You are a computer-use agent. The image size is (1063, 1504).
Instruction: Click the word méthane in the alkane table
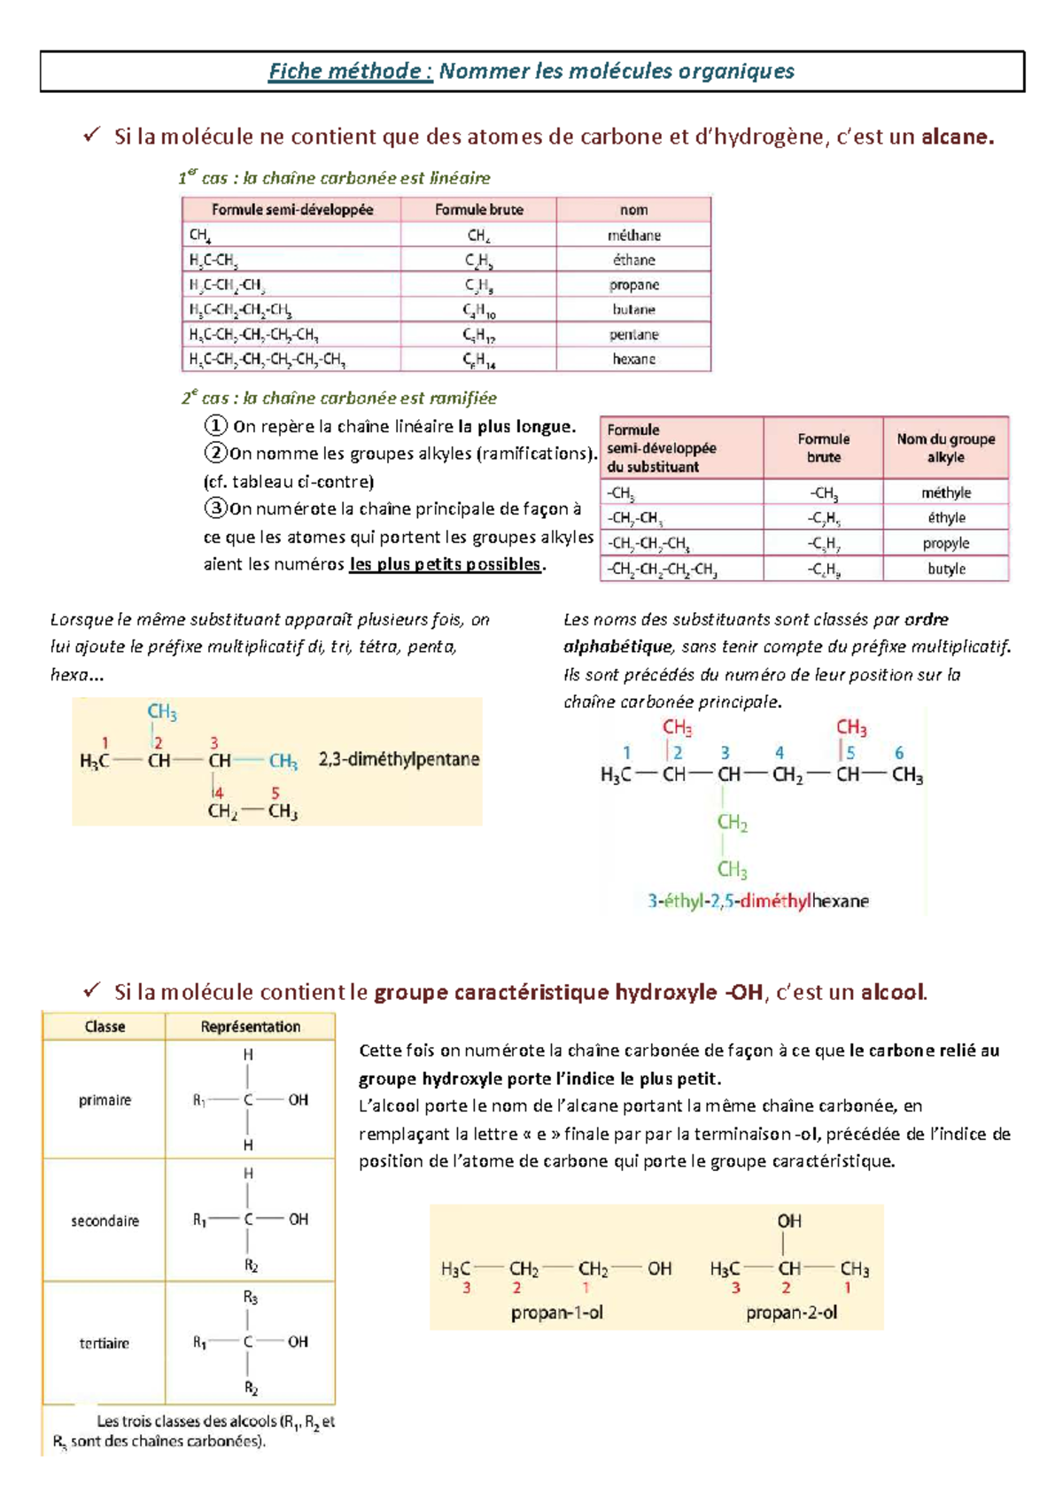click(633, 236)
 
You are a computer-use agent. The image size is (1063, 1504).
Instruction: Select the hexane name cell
click(633, 360)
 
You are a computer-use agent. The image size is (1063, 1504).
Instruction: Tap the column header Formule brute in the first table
click(478, 210)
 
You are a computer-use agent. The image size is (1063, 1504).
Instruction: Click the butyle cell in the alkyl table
click(945, 569)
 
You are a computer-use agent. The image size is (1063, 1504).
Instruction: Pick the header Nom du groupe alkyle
click(945, 448)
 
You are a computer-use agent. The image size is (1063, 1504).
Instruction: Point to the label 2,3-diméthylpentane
click(399, 759)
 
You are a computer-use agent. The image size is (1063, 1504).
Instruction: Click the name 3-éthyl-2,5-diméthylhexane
click(757, 901)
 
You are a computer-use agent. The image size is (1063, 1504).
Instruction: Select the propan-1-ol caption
click(556, 1313)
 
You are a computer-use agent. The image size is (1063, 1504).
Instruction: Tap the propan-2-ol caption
click(791, 1313)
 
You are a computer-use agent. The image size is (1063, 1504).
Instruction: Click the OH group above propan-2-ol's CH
click(788, 1221)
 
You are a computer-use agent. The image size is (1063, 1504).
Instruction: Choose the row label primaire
click(105, 1100)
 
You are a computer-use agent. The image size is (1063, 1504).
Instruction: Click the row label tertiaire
click(105, 1344)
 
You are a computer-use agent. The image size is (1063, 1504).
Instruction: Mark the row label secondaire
click(105, 1221)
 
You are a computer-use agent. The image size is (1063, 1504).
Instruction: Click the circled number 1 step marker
click(215, 426)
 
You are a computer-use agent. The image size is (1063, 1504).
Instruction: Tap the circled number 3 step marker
click(215, 508)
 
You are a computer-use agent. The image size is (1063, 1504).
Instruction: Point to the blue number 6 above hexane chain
click(898, 753)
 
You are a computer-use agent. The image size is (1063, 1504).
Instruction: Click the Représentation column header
click(250, 1027)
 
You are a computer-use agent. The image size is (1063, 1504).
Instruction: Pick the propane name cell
click(633, 285)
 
